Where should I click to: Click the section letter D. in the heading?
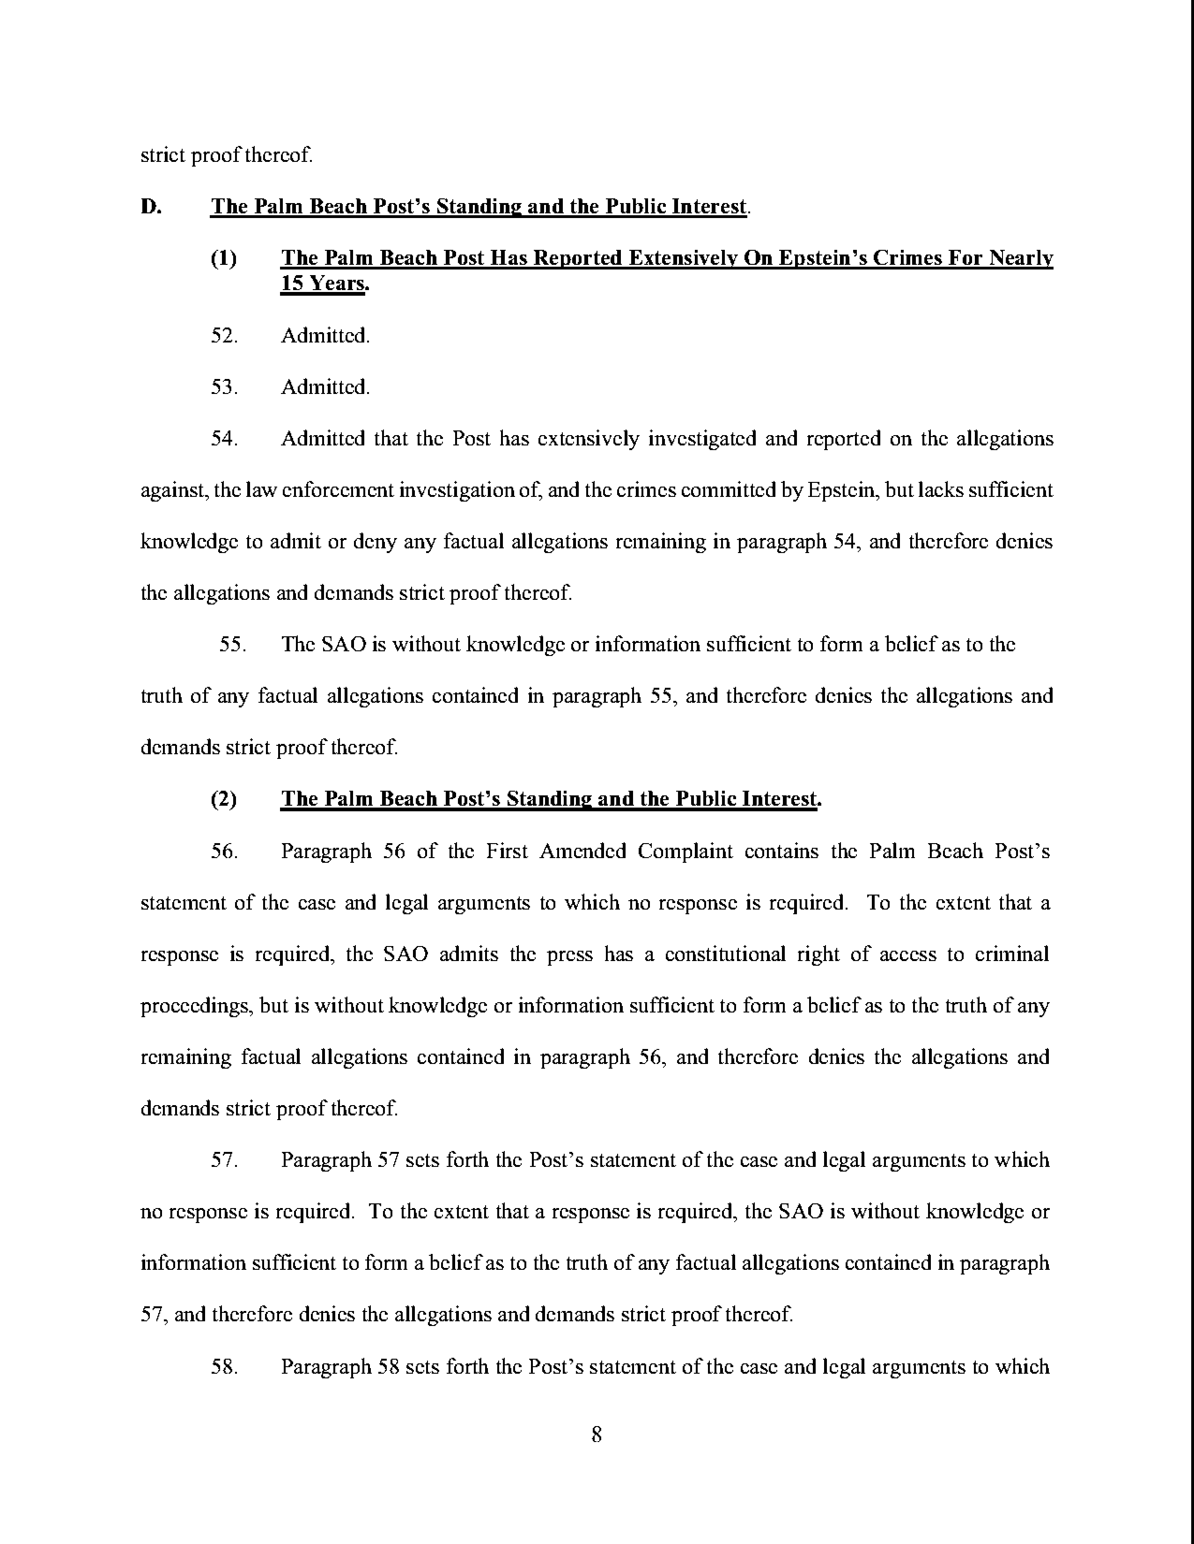(x=150, y=207)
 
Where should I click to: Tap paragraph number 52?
(x=224, y=336)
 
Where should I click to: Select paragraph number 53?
(x=224, y=387)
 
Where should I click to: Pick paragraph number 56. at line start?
(x=224, y=851)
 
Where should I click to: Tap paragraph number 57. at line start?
(x=224, y=1160)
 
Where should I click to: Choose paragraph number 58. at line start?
(x=224, y=1367)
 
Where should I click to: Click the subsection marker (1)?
(x=224, y=259)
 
